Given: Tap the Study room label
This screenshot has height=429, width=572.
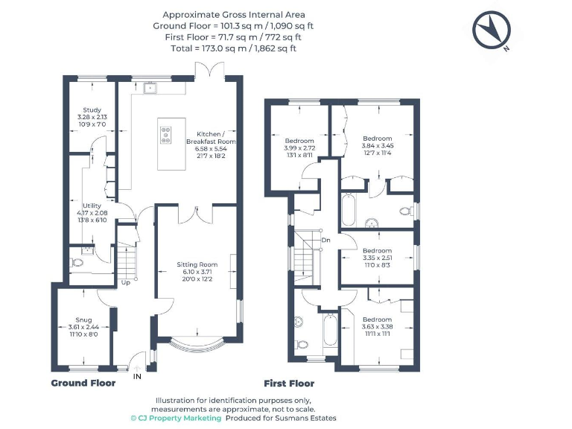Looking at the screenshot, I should [92, 116].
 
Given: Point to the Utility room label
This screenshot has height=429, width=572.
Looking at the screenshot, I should [92, 212].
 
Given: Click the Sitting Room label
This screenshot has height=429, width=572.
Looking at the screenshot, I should [197, 271].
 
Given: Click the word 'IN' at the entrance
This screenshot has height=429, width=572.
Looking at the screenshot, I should [137, 378].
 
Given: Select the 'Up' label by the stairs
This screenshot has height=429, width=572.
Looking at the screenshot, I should [125, 283].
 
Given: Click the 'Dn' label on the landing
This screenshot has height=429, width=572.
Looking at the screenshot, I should [325, 240].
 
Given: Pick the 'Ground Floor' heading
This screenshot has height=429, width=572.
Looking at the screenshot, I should [83, 383].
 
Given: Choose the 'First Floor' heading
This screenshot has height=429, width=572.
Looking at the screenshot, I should [289, 384].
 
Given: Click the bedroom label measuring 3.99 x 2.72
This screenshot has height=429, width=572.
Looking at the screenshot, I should [299, 147].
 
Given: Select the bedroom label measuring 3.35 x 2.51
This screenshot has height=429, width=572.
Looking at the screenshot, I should [377, 258].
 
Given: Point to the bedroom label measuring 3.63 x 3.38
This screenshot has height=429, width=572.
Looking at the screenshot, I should [377, 326].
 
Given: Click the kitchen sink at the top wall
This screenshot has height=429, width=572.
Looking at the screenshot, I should [151, 87].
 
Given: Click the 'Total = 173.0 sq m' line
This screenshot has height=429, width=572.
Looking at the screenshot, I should [234, 47].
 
